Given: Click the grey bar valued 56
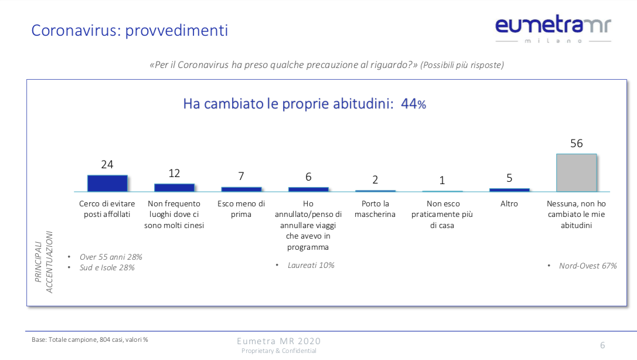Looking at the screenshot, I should tap(576, 173).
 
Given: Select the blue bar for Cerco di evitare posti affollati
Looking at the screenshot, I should tap(107, 184).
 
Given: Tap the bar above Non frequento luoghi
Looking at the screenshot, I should tap(174, 188).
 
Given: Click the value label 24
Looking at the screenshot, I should tap(107, 165).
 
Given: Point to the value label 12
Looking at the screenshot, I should tap(174, 174).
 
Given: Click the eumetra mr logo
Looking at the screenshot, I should tap(553, 28).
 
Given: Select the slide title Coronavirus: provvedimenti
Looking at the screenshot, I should tap(130, 30).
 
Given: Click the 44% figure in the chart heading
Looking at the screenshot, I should tap(413, 104).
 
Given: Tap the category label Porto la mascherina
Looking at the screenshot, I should tap(375, 209).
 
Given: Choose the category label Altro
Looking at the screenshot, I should tap(509, 204).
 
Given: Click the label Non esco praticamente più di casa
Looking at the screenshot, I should tap(442, 214).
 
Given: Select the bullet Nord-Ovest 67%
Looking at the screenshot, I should tap(587, 266).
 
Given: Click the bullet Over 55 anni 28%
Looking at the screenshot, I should tap(111, 257).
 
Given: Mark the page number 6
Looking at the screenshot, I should tap(602, 345).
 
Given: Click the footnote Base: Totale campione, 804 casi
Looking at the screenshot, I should tap(90, 339).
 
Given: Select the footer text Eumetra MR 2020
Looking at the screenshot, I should tap(278, 341).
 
